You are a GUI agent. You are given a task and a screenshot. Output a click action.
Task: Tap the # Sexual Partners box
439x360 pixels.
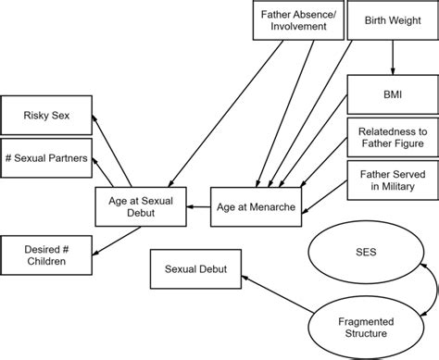(46, 159)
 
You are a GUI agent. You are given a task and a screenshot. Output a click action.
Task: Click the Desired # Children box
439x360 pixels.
(46, 255)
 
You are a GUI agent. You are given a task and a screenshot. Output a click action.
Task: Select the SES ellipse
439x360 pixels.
(368, 250)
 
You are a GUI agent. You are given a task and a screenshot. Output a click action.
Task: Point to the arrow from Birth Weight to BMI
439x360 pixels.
(393, 58)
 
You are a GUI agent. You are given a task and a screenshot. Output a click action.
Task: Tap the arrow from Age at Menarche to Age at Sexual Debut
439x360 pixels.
(199, 207)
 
